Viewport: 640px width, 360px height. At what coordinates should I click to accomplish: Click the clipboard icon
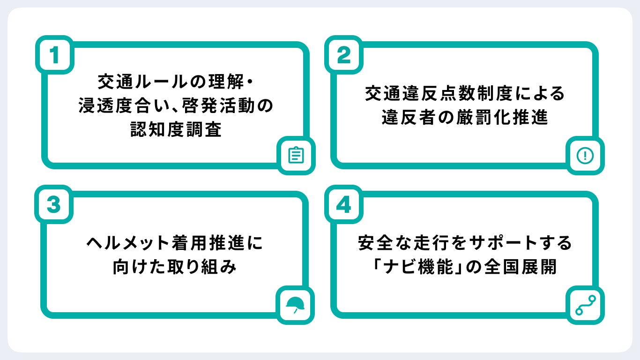pos(295,155)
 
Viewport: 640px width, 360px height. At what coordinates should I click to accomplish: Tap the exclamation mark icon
pos(585,155)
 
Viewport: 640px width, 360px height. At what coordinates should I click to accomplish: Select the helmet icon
pos(295,305)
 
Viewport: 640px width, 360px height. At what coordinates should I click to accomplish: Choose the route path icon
pos(585,305)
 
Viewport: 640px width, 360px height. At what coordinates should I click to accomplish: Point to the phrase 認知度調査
pos(175,130)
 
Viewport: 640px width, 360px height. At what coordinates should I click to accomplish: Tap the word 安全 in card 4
pos(374,244)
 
